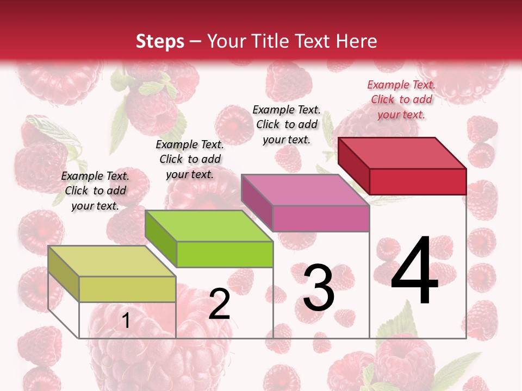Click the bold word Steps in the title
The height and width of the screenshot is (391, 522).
160,41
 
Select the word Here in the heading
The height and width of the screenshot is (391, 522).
356,41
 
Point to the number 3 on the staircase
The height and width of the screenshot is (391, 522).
319,288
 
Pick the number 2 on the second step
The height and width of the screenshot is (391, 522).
219,305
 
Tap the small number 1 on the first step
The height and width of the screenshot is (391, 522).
126,321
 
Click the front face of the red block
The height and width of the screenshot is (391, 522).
418,181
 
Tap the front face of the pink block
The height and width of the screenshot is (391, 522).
321,218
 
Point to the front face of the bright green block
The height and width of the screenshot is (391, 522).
225,254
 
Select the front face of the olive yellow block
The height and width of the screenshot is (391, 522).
127,289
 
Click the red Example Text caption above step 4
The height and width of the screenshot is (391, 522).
401,99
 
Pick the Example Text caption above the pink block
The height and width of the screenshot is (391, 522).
287,124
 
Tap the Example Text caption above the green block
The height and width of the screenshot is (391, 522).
190,159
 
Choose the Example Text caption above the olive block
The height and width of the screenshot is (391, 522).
95,191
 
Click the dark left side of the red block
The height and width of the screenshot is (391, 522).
353,165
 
